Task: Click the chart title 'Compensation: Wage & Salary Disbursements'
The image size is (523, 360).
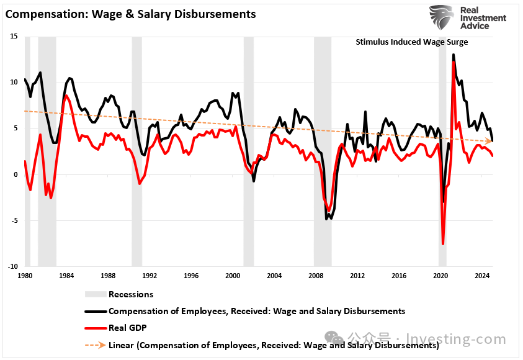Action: pyautogui.click(x=130, y=13)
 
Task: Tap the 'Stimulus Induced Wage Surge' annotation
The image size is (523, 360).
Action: pyautogui.click(x=411, y=42)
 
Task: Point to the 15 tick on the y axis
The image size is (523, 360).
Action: pyautogui.click(x=14, y=37)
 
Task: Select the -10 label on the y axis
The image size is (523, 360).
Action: pyautogui.click(x=12, y=266)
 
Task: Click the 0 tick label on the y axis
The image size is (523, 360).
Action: pyautogui.click(x=16, y=174)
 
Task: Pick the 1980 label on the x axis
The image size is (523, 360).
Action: pyautogui.click(x=25, y=275)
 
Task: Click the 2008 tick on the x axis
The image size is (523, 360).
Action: pyautogui.click(x=316, y=275)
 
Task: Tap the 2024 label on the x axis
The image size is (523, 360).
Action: pyautogui.click(x=482, y=275)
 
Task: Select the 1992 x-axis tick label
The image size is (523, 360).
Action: pyautogui.click(x=150, y=275)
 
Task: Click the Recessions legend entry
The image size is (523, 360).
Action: pyautogui.click(x=130, y=294)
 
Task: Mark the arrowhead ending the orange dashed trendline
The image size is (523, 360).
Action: pyautogui.click(x=489, y=142)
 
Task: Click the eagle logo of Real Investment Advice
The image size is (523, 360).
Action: pyautogui.click(x=441, y=19)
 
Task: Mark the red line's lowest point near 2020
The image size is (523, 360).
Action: pyautogui.click(x=443, y=244)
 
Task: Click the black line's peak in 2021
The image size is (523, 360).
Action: pyautogui.click(x=454, y=55)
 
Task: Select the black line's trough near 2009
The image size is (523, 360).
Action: pyautogui.click(x=327, y=218)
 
